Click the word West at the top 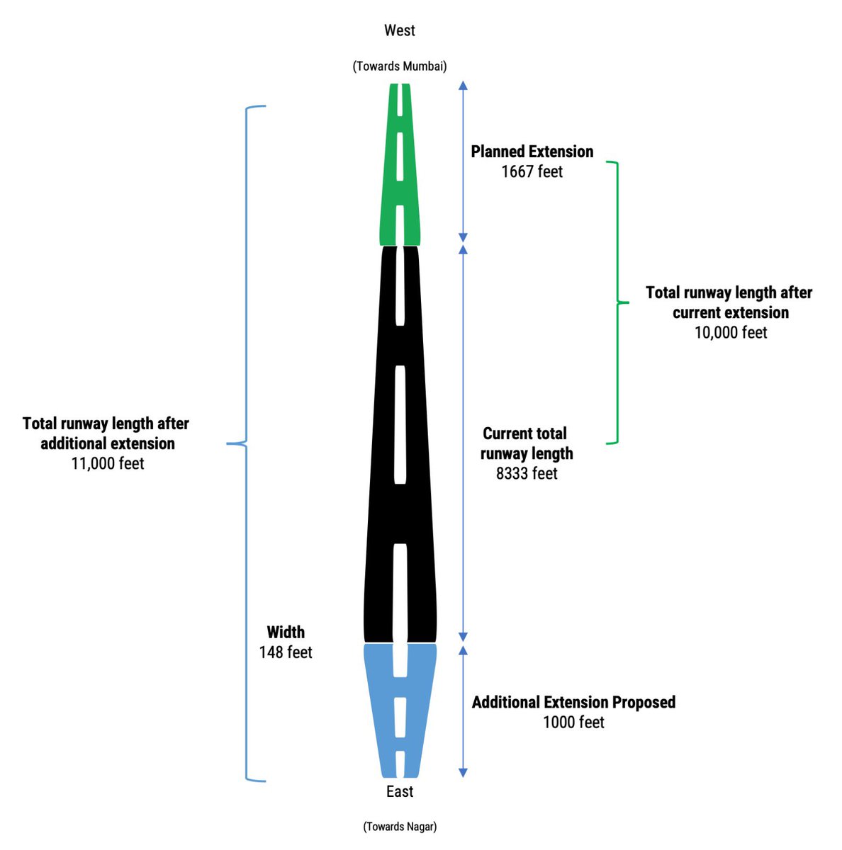[x=399, y=30]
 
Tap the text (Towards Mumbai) [x=399, y=66]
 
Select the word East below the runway [x=400, y=791]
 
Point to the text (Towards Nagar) [x=400, y=826]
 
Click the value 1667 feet [x=532, y=171]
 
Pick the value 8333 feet [x=527, y=473]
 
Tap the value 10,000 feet [x=731, y=332]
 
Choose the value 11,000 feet [x=108, y=463]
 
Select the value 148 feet [x=285, y=652]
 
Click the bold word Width [x=285, y=632]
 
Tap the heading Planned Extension [x=532, y=152]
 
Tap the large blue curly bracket [x=245, y=443]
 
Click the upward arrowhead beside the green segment [x=462, y=85]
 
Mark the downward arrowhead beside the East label [x=462, y=773]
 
